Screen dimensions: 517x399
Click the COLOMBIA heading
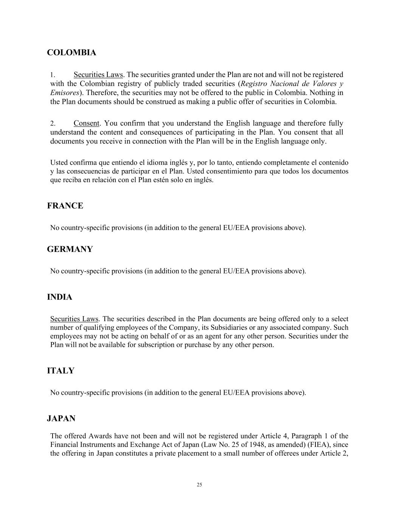pyautogui.click(x=71, y=53)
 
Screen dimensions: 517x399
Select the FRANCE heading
pyautogui.click(x=65, y=206)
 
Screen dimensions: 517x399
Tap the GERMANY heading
pyautogui.click(x=70, y=249)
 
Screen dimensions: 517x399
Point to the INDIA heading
pyautogui.click(x=59, y=297)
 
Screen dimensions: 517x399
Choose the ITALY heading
pyautogui.click(x=61, y=371)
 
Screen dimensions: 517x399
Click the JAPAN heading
pyautogui.click(x=61, y=419)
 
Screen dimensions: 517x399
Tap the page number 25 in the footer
pyautogui.click(x=199, y=485)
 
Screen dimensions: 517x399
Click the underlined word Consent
pyautogui.click(x=86, y=123)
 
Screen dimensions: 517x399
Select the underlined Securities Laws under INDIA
pyautogui.click(x=74, y=319)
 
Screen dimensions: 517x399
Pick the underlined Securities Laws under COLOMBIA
pyautogui.click(x=98, y=75)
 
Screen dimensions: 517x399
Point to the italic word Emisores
pyautogui.click(x=65, y=92)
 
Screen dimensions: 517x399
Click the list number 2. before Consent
pyautogui.click(x=53, y=123)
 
